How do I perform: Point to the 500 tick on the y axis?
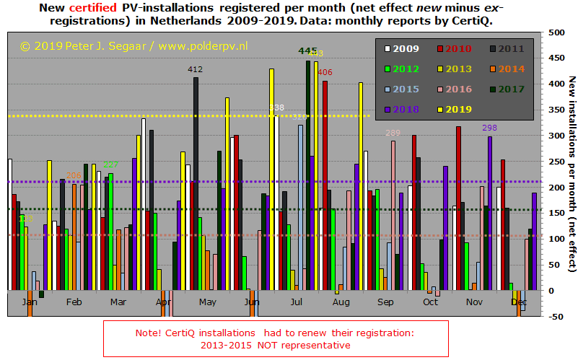tap(556, 32)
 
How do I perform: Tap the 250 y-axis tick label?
tap(556, 162)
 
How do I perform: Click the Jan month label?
tap(30, 302)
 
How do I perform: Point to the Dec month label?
tap(519, 302)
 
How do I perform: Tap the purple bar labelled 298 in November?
tap(489, 213)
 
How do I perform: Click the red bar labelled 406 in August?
tap(325, 185)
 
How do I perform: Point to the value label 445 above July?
tap(307, 51)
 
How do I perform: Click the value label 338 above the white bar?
tap(276, 108)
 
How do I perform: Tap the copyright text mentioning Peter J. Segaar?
tap(133, 45)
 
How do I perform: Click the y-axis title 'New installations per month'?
tap(570, 173)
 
